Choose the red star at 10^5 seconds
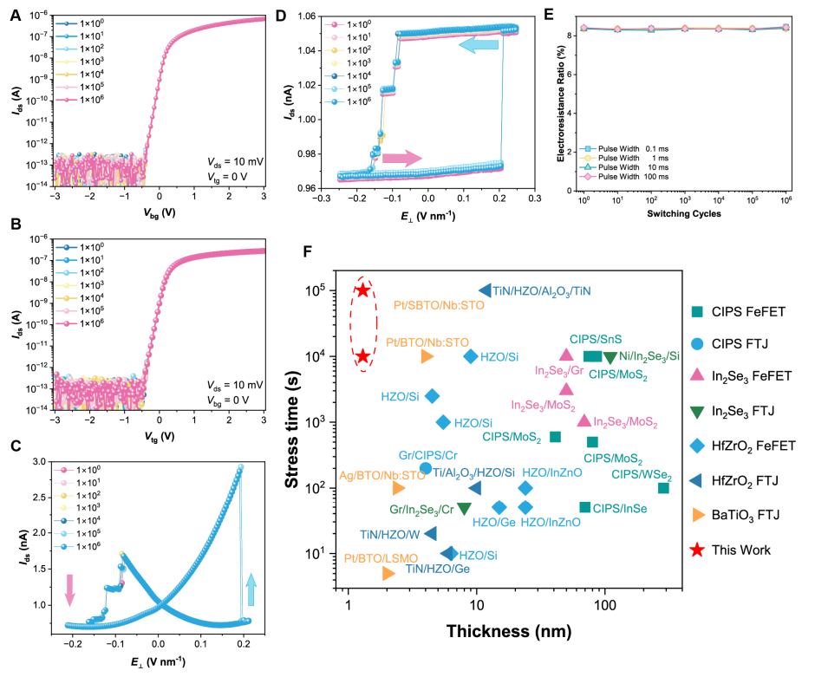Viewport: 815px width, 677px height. pos(363,290)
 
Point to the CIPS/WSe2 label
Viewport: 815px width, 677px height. pos(641,474)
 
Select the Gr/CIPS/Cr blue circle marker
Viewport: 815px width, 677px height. pos(426,468)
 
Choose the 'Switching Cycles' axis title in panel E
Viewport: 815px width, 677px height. pos(684,212)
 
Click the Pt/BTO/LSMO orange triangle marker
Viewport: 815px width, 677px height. pos(388,573)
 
